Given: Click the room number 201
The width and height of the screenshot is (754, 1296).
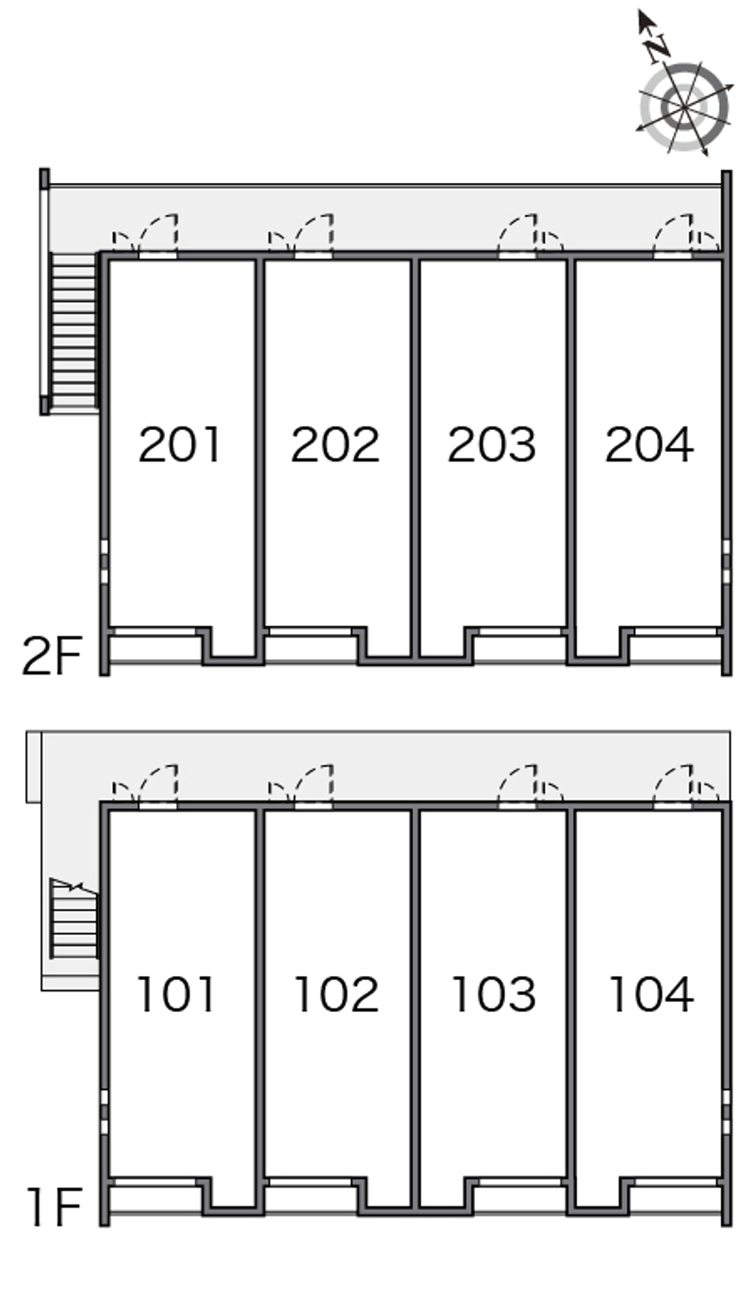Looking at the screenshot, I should [x=179, y=445].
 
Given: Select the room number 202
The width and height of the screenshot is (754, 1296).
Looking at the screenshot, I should [x=335, y=445].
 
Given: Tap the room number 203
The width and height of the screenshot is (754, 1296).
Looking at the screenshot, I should [x=491, y=445].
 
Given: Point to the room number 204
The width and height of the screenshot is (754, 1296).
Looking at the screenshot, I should [x=648, y=445].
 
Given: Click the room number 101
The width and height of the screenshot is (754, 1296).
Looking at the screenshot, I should [x=177, y=994].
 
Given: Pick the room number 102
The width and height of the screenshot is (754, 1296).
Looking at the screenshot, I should [x=336, y=994].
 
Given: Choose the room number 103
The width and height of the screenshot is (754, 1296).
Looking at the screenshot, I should [x=492, y=994].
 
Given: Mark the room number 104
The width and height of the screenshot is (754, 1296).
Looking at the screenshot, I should [x=650, y=994].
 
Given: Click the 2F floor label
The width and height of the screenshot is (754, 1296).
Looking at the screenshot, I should [x=52, y=657].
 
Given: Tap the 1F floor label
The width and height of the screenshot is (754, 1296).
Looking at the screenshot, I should [x=54, y=1208].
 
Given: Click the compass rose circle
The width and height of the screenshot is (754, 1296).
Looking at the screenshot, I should [x=684, y=108].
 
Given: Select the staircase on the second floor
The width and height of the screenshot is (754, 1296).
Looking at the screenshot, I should [x=74, y=330].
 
